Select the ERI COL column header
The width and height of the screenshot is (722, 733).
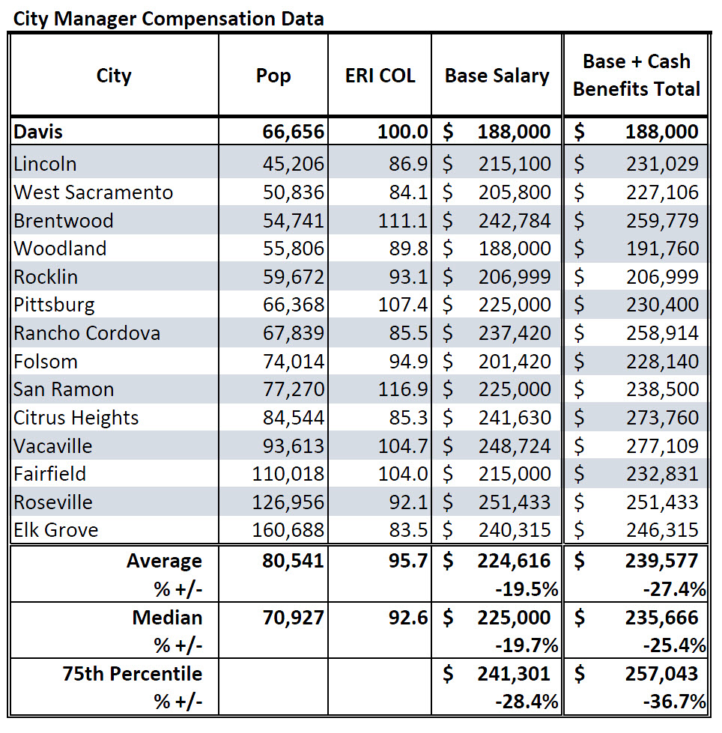tap(380, 76)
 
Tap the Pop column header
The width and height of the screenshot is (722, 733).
tap(273, 76)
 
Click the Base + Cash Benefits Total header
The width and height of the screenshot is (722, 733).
tap(637, 75)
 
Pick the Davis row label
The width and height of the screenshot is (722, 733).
tap(38, 133)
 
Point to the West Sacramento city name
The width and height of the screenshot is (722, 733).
tap(94, 192)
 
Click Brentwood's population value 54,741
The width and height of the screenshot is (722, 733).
tap(294, 221)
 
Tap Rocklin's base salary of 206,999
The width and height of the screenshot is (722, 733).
tap(515, 277)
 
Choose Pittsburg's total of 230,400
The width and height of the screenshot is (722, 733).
tap(661, 305)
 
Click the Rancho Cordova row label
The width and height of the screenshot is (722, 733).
tap(87, 333)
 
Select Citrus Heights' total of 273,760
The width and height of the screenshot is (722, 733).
tap(661, 418)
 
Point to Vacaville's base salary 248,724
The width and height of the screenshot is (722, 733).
tap(515, 446)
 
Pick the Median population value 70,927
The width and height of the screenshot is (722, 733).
tap(293, 618)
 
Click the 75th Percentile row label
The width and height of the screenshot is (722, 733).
tap(133, 674)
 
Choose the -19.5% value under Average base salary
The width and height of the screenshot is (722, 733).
tap(527, 589)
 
